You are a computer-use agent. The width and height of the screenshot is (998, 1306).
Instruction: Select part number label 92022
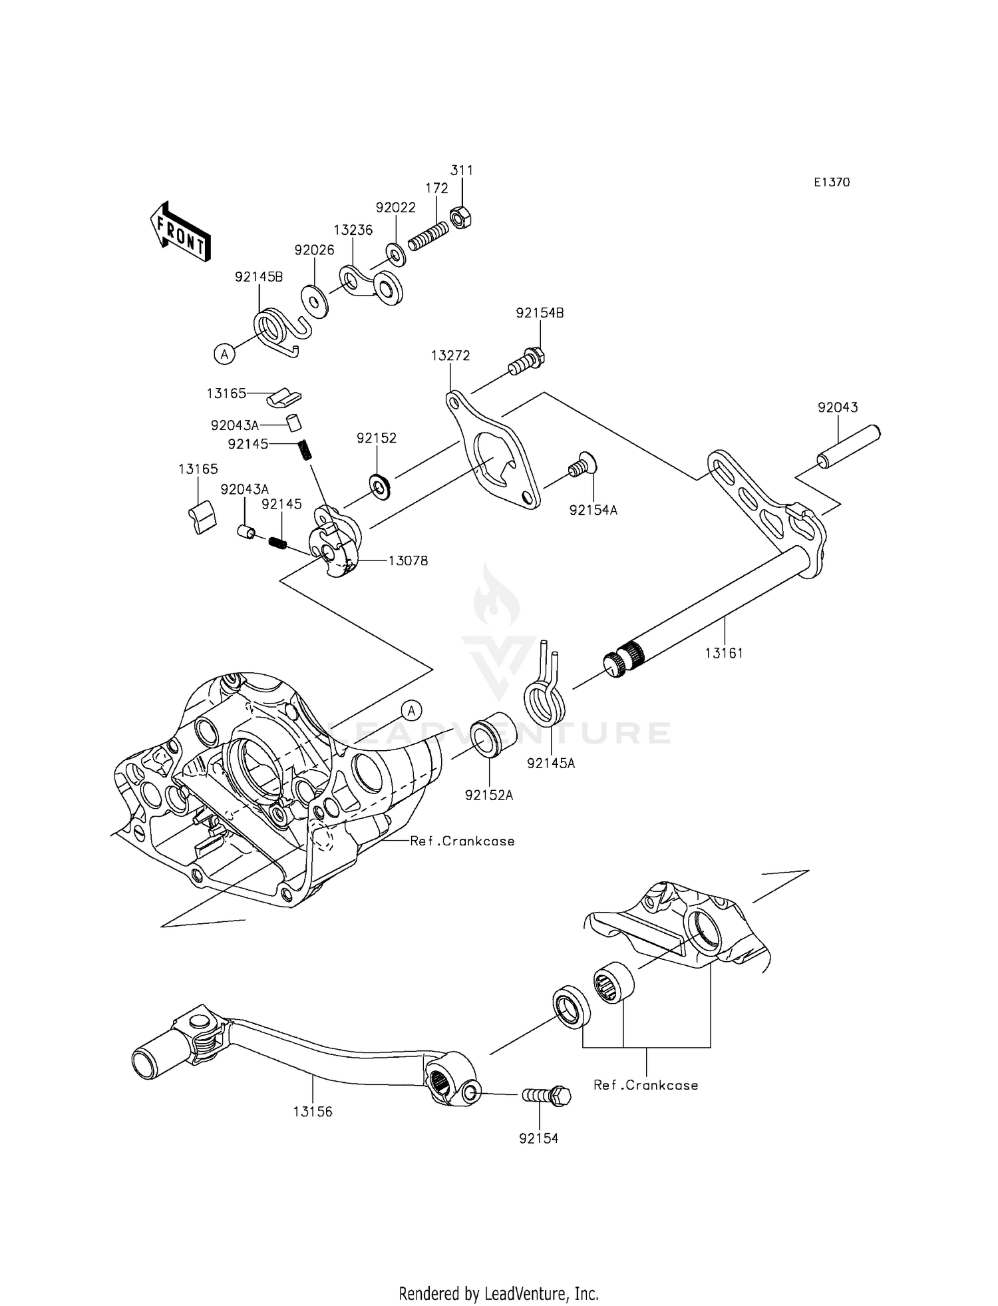point(395,208)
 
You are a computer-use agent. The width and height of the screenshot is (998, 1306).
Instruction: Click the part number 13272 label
point(450,356)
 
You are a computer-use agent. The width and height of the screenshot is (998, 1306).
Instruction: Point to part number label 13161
point(724,653)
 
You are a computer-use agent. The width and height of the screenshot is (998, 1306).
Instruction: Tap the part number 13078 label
point(408,560)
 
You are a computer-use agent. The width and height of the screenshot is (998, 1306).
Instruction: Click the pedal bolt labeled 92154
point(547,1094)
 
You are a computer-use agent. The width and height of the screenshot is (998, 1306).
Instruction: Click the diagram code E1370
point(831,182)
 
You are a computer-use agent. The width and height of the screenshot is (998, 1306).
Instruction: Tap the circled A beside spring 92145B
point(224,354)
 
